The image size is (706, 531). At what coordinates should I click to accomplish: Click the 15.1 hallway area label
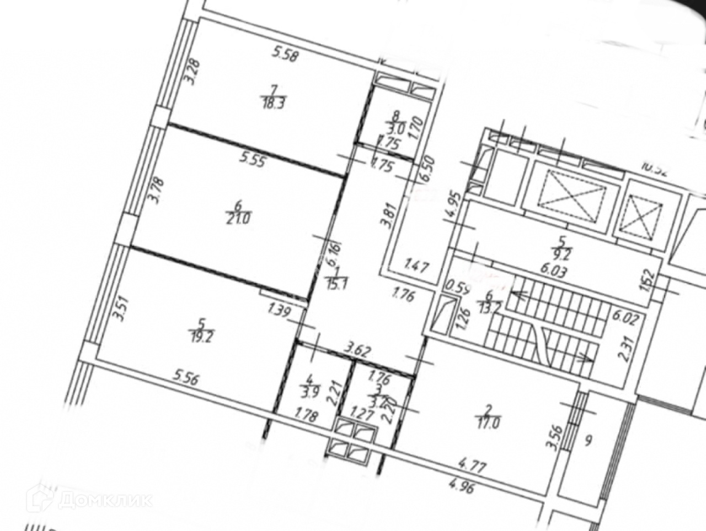[335, 284]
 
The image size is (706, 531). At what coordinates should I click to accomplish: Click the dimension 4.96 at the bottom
[461, 487]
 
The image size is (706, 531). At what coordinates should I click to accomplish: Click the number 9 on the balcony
[589, 440]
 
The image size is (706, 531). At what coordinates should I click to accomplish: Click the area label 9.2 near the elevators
[563, 255]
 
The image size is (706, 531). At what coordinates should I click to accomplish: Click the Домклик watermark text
[105, 499]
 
